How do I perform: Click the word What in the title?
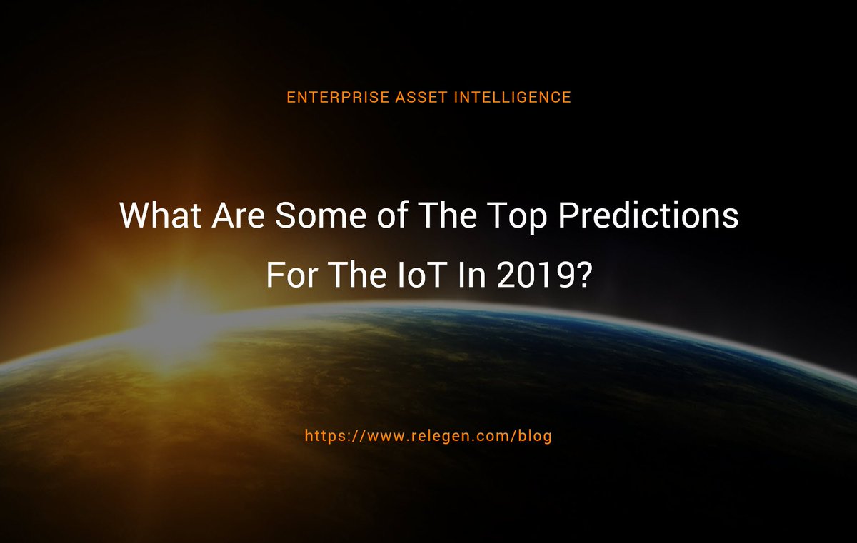(x=159, y=215)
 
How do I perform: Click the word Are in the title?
(x=236, y=215)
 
